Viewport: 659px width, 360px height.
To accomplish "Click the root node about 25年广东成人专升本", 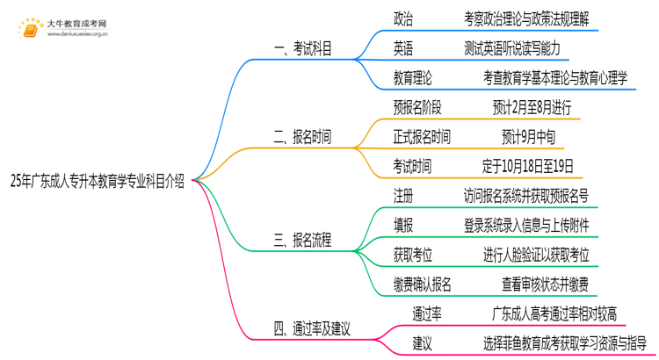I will click(98, 183).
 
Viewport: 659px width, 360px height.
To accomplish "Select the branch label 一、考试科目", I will click(303, 48).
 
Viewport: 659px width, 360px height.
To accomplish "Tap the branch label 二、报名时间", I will click(303, 135).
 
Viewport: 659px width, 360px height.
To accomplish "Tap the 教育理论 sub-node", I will click(413, 77).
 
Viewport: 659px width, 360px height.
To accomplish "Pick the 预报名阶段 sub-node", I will click(418, 107).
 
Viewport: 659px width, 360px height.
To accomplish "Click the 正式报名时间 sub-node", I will click(423, 136).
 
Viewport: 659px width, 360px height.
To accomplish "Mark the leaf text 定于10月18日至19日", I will click(527, 165).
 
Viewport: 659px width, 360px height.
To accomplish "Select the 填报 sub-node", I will click(404, 224).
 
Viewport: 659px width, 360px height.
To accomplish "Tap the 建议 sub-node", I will click(423, 342).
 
